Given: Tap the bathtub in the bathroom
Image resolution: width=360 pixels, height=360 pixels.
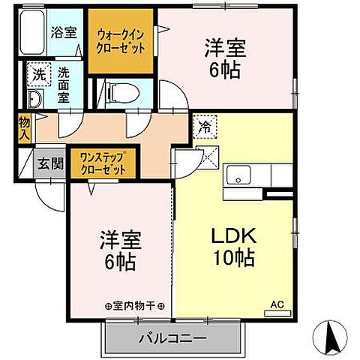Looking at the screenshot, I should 32,34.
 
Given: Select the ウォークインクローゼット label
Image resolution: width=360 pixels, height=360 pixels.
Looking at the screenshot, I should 121,39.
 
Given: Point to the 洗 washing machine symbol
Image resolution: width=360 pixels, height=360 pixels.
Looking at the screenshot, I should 37,75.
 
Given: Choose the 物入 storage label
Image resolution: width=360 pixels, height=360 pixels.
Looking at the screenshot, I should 25,127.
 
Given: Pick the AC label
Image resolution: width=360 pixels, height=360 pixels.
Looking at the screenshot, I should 277,304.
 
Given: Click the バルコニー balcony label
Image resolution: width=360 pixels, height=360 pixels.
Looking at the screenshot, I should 172,340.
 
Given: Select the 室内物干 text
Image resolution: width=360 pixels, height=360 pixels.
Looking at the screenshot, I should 136,305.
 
